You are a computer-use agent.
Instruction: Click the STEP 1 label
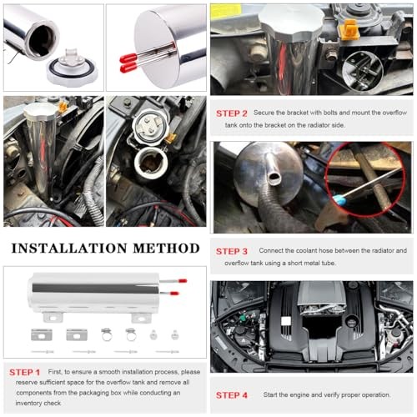[24, 372]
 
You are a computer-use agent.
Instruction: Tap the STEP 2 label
[232, 113]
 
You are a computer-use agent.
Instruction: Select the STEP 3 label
[232, 251]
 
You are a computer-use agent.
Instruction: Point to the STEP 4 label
[232, 395]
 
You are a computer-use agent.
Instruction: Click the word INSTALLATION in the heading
[69, 249]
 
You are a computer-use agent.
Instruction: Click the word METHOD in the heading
[166, 249]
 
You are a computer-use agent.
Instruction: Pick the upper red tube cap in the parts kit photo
[183, 281]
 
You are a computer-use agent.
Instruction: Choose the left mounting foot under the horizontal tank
[53, 317]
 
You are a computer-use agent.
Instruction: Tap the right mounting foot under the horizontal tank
[141, 318]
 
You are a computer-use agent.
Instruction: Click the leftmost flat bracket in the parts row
[42, 334]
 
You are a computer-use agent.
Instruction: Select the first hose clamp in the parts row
[106, 334]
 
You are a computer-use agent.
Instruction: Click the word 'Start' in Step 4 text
[270, 394]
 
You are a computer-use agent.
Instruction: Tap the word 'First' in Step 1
[55, 372]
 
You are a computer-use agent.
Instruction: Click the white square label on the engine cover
[286, 321]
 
